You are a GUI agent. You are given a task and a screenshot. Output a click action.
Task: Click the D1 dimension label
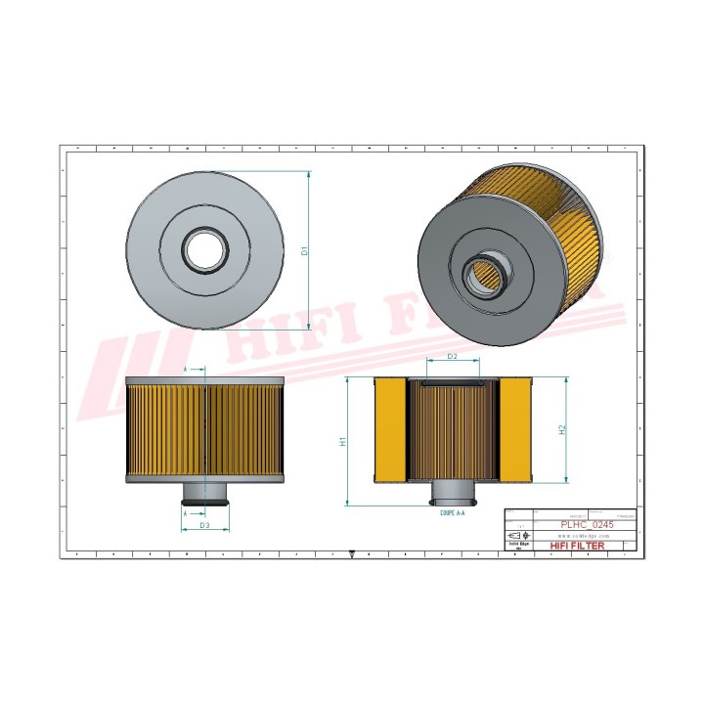304,251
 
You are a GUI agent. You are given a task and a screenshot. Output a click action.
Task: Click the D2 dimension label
452,357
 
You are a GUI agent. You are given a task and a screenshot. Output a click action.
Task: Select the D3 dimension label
204,525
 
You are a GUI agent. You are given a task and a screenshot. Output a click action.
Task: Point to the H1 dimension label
342,441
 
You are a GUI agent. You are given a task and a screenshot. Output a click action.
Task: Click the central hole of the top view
205,251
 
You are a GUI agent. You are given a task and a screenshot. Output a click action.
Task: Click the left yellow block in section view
389,430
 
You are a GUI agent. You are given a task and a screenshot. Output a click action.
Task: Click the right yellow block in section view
514,430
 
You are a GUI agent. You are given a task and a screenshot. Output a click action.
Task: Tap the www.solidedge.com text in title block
585,536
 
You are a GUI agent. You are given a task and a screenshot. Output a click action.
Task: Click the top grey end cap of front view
205,380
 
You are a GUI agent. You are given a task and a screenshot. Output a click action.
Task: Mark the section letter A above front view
186,369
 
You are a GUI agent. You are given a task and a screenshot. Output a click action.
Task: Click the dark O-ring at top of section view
453,383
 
